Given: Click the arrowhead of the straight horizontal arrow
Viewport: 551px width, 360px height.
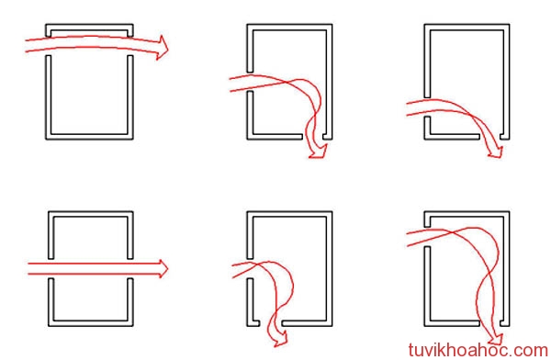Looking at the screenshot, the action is pos(163,268).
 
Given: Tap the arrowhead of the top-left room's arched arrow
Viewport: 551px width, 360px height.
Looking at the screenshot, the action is pos(163,47).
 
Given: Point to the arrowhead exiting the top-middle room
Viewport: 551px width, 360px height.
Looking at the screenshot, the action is pos(319,152).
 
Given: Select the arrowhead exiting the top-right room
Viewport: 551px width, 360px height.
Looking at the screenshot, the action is pos(496,152).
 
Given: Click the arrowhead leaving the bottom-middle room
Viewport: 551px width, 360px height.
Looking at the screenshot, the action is pos(281,340).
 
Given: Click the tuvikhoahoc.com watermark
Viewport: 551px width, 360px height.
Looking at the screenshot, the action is pos(478,350).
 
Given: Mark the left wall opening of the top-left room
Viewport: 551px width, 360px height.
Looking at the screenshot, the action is pos(49,46).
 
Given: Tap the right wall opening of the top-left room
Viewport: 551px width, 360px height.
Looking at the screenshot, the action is pos(130,46).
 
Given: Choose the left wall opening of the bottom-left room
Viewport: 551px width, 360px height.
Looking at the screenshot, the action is pos(51,268).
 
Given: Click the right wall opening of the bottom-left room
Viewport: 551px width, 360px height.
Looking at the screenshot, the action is pos(130,268).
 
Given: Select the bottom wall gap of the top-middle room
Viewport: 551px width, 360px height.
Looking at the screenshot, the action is pos(313,137).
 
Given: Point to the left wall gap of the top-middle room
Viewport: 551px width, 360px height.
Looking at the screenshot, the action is pos(250,82).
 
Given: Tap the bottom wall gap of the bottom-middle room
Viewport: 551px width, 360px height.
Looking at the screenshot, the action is pos(271,323).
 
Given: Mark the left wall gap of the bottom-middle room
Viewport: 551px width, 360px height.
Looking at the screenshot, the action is pos(250,268).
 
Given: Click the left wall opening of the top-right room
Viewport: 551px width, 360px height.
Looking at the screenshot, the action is pos(427,107).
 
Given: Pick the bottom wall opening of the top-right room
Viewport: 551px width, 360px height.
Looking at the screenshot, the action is pos(490,137).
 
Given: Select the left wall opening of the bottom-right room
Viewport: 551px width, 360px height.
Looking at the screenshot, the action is pos(427,237).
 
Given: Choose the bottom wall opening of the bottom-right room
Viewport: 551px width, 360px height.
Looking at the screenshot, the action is pos(490,323).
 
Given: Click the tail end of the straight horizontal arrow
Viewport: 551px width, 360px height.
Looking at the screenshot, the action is pos(28,268).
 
